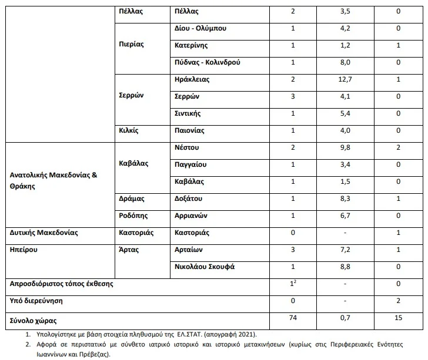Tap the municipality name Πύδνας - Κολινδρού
208,62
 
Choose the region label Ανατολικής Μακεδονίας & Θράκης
53,181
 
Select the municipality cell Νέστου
188,147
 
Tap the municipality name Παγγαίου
190,164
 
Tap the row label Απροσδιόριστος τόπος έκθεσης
62,284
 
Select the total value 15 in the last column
399,318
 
